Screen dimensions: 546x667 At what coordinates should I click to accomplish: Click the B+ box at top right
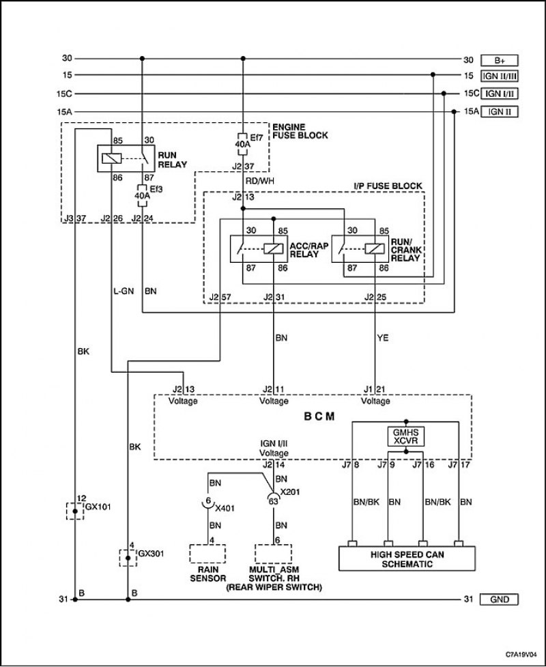point(499,60)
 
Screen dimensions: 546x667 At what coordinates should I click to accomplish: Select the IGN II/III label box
point(499,76)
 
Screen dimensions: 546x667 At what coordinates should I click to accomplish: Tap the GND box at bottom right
point(499,599)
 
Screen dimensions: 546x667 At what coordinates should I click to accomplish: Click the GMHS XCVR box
point(405,436)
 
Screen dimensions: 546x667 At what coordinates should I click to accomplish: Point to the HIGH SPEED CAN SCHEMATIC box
point(407,559)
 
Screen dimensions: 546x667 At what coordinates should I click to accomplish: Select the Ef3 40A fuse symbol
point(142,196)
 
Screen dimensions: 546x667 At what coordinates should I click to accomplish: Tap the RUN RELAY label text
point(173,160)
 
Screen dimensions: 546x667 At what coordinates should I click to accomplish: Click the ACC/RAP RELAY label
point(309,250)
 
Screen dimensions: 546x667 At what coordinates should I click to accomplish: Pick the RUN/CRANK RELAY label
point(406,250)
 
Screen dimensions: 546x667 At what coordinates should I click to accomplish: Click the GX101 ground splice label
point(98,507)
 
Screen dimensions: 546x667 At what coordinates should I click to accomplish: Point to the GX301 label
point(151,554)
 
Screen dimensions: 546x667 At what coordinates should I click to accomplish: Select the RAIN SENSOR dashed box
point(207,554)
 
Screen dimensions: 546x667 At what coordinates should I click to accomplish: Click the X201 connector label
point(291,492)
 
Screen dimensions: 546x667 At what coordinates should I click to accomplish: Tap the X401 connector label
point(225,509)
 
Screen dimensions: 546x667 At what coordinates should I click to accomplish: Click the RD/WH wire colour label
point(259,181)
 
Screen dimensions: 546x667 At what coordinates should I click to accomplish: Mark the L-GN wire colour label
point(124,292)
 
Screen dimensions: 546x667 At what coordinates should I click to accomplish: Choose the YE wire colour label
point(383,338)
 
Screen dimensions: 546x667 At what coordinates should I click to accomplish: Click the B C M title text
point(319,416)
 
